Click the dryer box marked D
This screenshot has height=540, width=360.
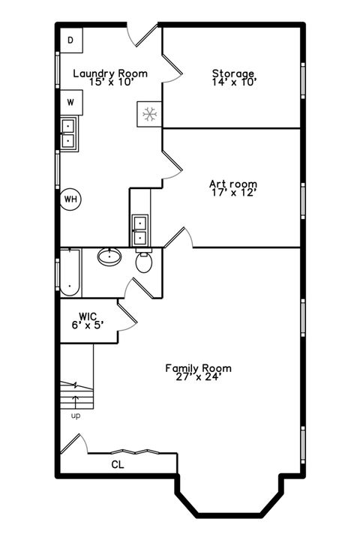point(70,40)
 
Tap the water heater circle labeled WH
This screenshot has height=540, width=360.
point(71,199)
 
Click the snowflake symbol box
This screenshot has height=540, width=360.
point(149,114)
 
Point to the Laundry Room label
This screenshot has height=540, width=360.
point(109,73)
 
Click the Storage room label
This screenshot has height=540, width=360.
point(233,73)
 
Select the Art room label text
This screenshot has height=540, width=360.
point(233,184)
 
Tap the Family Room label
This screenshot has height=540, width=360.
point(199,368)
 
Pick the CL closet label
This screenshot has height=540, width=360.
point(118,464)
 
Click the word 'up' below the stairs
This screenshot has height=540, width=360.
point(76,415)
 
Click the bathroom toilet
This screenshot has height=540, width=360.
point(144,262)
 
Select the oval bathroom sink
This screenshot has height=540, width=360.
point(110,257)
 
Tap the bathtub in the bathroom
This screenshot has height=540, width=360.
point(69,271)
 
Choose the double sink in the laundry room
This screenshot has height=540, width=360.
point(68,133)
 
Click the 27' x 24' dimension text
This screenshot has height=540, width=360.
point(199,377)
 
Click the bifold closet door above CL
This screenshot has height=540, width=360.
point(133,452)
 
